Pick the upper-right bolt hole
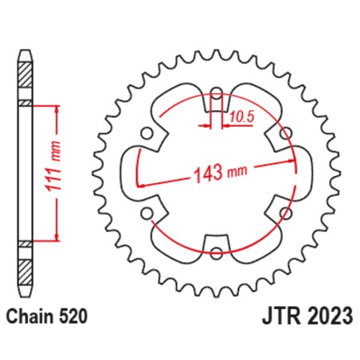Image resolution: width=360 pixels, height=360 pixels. (286, 133)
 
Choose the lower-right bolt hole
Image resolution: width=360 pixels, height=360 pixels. (286, 213)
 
